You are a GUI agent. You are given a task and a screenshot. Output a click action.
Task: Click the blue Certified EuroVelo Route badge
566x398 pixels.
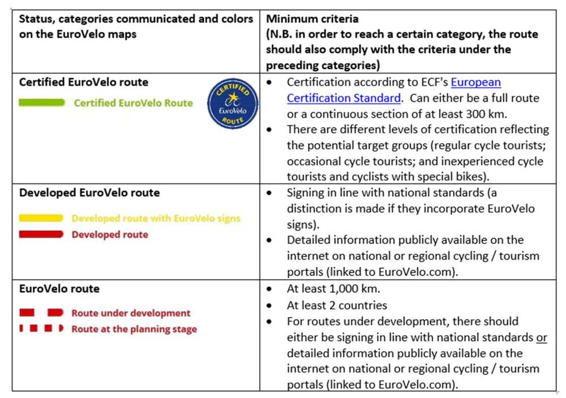[232, 103]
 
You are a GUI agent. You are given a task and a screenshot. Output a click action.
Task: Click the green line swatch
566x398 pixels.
[42, 103]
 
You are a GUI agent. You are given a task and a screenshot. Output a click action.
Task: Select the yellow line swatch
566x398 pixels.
[41, 218]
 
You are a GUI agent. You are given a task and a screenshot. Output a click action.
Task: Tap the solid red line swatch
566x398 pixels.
[41, 234]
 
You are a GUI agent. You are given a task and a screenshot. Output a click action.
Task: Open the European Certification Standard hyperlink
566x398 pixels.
[393, 90]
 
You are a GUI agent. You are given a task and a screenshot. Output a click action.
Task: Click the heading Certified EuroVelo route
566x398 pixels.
[84, 82]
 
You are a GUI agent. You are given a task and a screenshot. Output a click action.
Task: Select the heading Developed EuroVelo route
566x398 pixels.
[89, 192]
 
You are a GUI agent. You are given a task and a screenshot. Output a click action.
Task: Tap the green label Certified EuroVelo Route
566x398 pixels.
[133, 103]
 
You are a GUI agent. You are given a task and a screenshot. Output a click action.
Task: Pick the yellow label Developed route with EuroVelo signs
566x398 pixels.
[156, 218]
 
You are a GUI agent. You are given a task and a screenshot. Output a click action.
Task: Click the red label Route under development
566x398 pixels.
[131, 313]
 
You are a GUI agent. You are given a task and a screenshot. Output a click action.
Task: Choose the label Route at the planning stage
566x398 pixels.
[134, 328]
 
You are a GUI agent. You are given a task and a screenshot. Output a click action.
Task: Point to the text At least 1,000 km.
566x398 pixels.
[333, 289]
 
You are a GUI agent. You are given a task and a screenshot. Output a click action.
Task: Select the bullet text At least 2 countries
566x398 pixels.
[337, 305]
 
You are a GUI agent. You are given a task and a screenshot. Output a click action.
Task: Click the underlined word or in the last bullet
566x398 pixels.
[542, 337]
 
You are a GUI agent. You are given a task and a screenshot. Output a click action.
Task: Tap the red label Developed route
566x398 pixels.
[110, 234]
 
